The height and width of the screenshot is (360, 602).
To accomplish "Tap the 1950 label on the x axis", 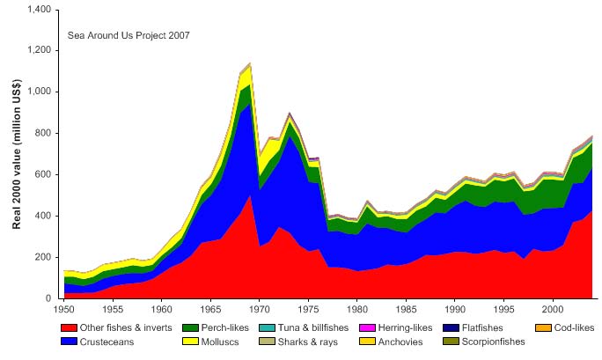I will [x=63, y=310].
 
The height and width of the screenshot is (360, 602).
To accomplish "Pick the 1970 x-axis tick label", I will [x=259, y=310].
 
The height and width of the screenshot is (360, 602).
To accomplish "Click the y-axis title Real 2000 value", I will [x=18, y=154].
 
